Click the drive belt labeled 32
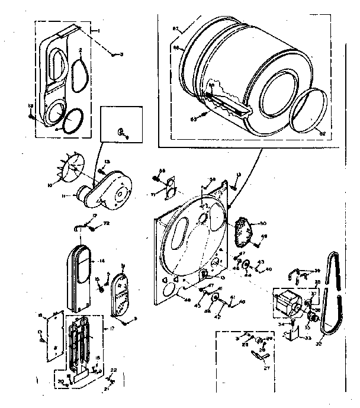(x=332, y=296)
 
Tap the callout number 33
(x=308, y=338)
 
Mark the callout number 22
(x=114, y=370)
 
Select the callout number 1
(x=99, y=29)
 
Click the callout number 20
(x=60, y=381)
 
